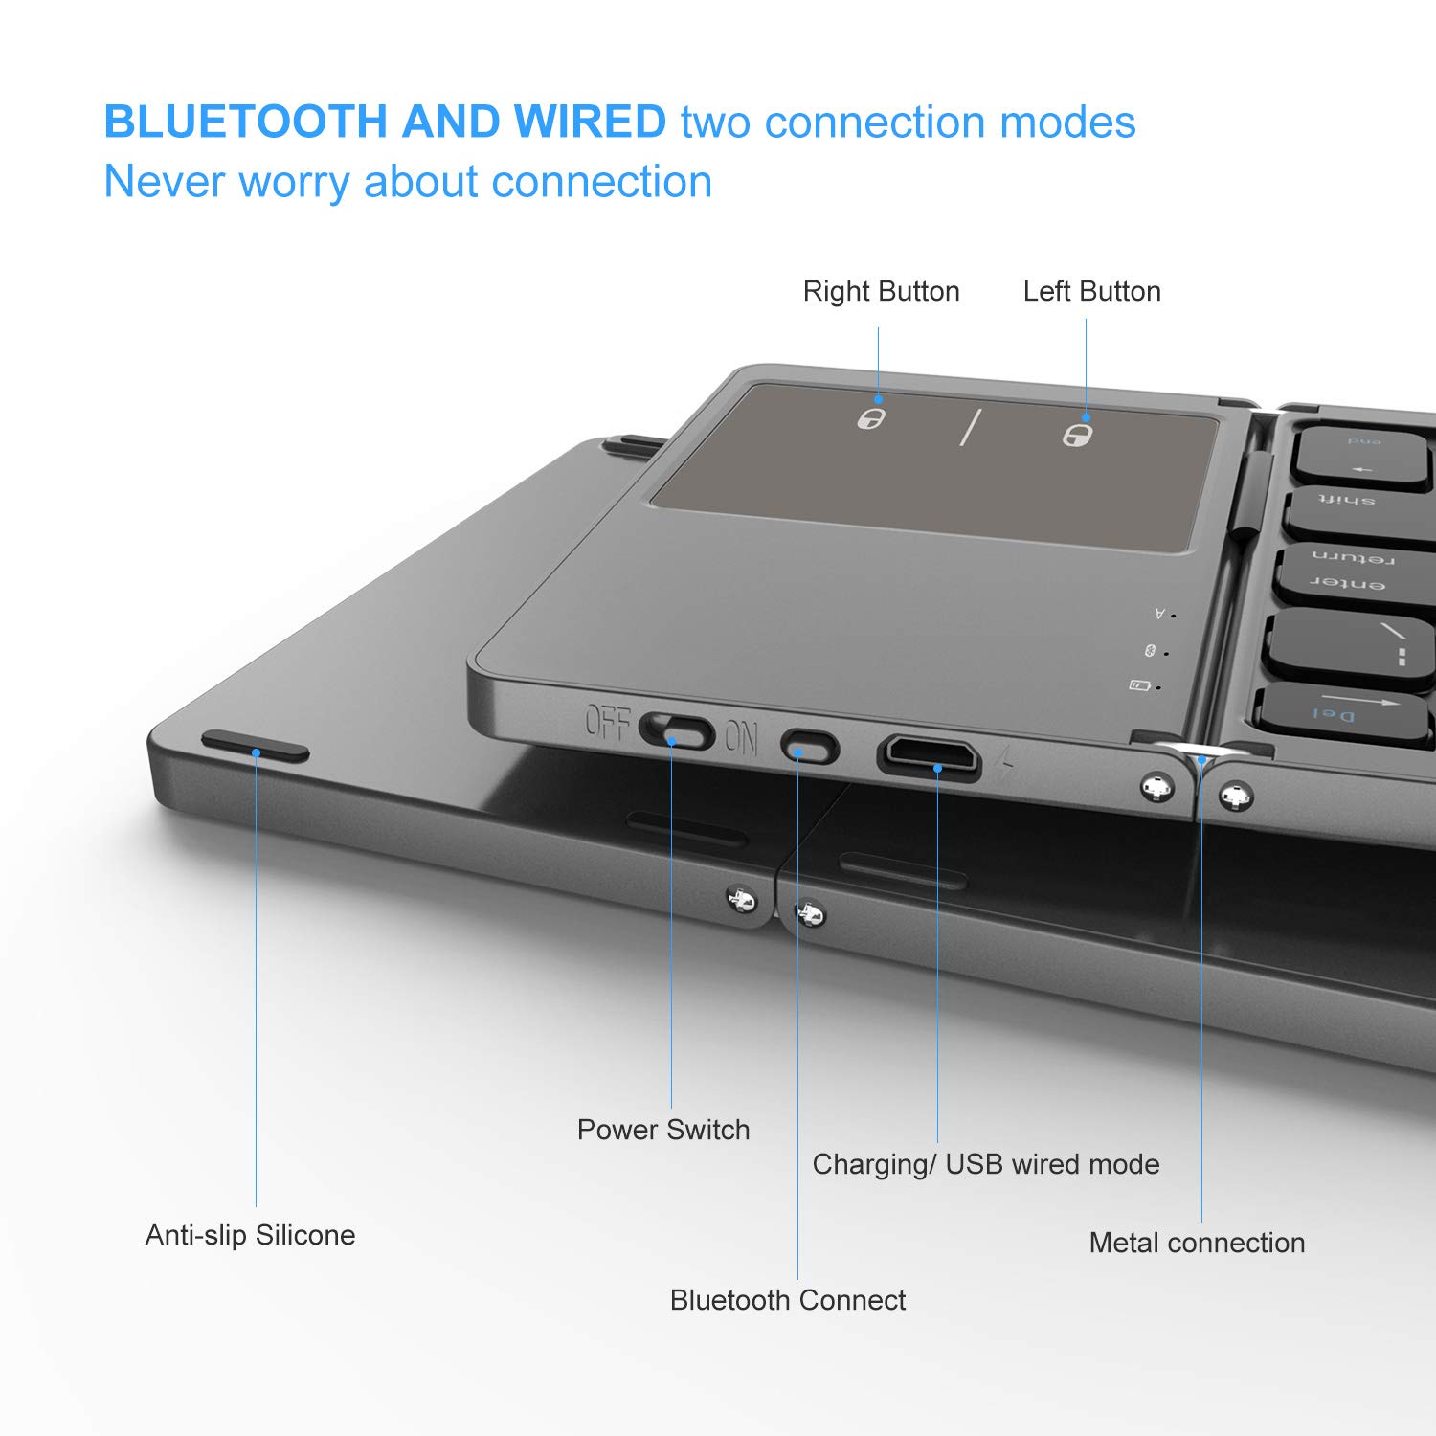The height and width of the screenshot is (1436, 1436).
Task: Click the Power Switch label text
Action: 662,1130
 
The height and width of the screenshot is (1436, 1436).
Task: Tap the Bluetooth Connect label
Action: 787,1300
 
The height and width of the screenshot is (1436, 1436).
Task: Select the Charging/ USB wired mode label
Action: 985,1164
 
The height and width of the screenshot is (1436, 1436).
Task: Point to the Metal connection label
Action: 1197,1243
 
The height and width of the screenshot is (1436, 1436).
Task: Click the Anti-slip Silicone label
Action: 250,1235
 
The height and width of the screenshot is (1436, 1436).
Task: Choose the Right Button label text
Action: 881,291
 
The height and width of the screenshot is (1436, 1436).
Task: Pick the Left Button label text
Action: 1091,291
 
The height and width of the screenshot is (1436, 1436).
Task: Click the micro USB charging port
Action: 930,754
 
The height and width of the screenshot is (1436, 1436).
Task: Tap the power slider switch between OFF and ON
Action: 677,734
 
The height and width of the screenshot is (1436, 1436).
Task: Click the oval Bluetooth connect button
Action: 809,746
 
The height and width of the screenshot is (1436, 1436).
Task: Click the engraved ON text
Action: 741,738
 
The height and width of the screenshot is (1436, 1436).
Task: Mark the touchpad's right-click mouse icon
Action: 870,417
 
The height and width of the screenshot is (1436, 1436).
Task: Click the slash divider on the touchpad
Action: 971,427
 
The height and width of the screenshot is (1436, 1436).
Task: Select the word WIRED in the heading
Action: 590,122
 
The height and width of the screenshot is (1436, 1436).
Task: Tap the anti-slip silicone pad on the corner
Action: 256,746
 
